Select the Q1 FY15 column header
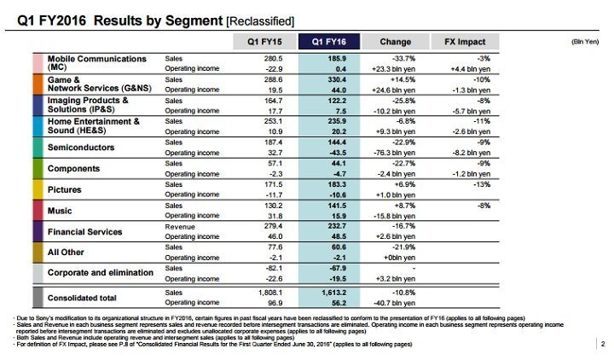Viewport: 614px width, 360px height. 265,40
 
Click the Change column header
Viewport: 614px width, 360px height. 395,40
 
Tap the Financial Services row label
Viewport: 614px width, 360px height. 84,231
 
